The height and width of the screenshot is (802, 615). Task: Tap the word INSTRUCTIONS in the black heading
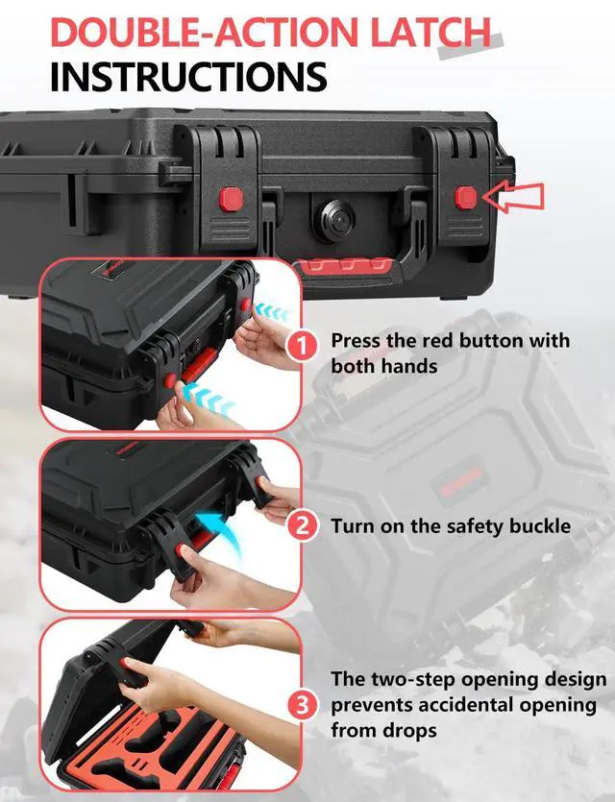(188, 77)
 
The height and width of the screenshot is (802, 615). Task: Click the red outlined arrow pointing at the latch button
(513, 197)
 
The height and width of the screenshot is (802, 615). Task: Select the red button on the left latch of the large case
(232, 199)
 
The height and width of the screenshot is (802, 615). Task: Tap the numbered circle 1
(303, 347)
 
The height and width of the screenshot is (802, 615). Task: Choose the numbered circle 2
(303, 525)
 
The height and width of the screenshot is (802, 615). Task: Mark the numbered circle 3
(303, 705)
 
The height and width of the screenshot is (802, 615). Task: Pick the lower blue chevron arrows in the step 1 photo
(209, 399)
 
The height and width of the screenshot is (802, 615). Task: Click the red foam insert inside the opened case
(154, 741)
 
